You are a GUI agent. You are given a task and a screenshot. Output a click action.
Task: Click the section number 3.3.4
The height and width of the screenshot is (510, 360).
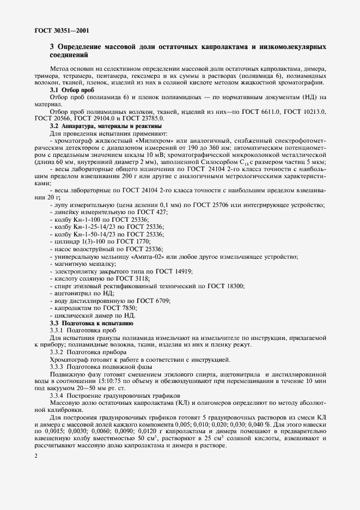[x=57, y=394]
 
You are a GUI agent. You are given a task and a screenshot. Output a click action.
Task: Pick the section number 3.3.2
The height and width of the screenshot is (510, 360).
[x=57, y=351]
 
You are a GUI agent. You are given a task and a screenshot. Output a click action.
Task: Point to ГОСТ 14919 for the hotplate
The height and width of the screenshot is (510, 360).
[x=176, y=271]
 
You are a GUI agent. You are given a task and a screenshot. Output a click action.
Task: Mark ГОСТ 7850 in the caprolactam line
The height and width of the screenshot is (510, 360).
[x=118, y=308]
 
